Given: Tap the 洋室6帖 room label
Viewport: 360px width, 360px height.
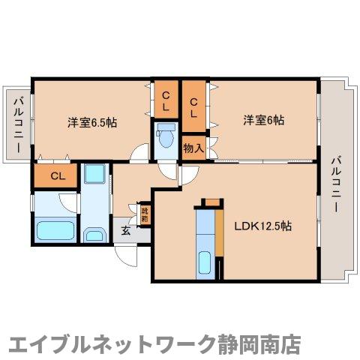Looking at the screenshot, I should point(262,120).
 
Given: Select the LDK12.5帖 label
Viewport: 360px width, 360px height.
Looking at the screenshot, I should point(262,225).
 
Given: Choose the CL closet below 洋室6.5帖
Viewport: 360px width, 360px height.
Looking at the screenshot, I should point(56,177).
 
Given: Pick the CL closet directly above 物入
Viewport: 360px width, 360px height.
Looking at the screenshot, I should point(193,103).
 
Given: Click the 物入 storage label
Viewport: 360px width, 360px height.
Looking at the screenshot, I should point(193,148).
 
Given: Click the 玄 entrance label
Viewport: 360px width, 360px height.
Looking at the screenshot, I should point(127,232).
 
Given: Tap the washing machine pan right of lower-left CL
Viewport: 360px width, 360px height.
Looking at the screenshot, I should point(94,175).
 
